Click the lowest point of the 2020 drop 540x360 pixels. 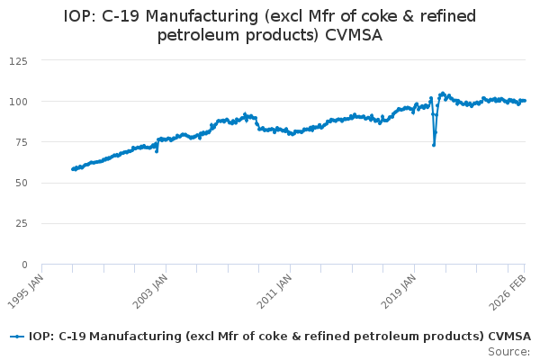coord(434,145)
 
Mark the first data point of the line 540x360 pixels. coord(72,169)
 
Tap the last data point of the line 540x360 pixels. coord(525,100)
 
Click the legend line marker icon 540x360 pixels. coord(16,337)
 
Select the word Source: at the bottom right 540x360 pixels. coord(508,351)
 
